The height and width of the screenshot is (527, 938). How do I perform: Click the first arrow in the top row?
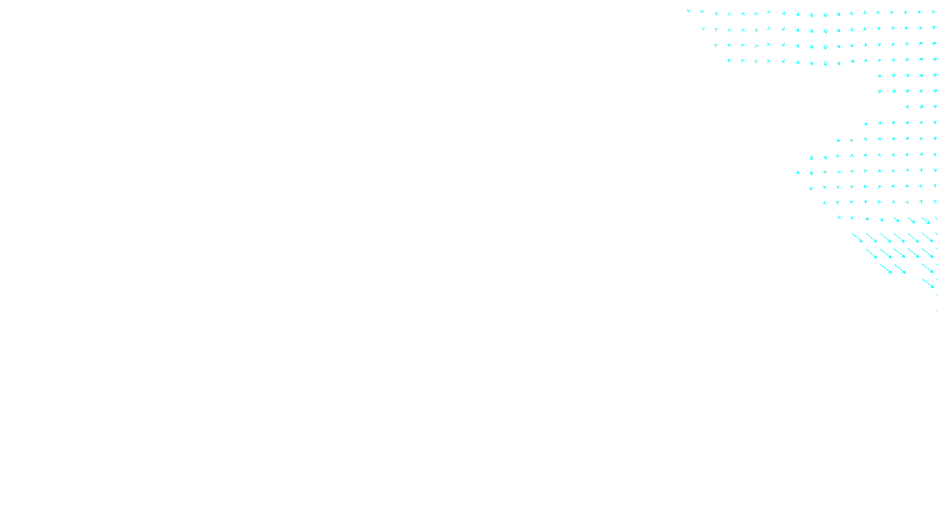pos(689,11)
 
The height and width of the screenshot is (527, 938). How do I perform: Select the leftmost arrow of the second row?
pos(703,29)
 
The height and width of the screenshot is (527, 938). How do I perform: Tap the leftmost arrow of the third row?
pos(716,45)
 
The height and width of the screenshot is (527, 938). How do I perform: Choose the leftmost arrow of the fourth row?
pos(729,60)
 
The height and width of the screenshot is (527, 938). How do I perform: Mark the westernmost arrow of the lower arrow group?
pos(797,172)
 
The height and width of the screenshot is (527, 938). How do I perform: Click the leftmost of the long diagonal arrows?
pos(857,238)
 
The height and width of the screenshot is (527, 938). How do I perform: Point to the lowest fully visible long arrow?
pos(928,283)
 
